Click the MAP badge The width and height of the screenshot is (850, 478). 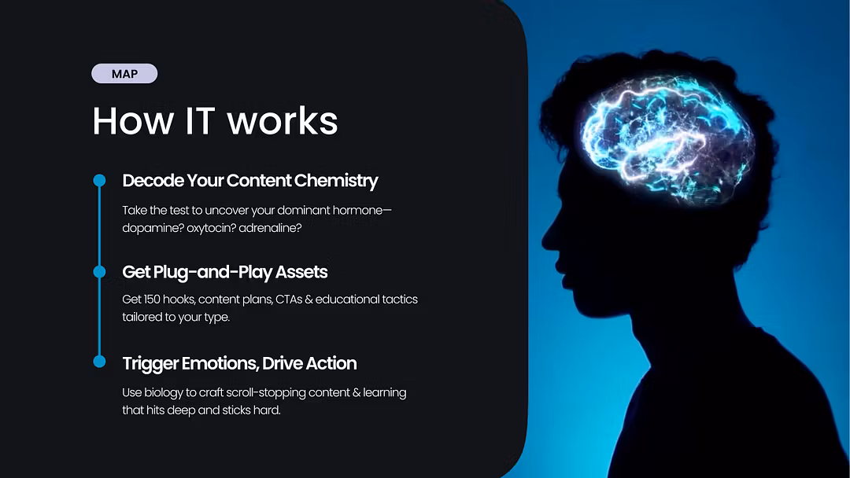click(x=124, y=74)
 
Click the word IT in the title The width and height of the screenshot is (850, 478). click(x=199, y=120)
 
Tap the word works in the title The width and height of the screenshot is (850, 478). click(x=283, y=120)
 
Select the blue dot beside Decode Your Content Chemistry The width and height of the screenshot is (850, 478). click(x=99, y=180)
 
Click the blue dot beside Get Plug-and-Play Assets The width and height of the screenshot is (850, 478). click(x=99, y=271)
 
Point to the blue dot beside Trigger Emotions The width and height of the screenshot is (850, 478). click(x=99, y=361)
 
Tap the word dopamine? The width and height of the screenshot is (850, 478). click(x=153, y=228)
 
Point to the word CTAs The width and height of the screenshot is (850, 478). click(x=288, y=300)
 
